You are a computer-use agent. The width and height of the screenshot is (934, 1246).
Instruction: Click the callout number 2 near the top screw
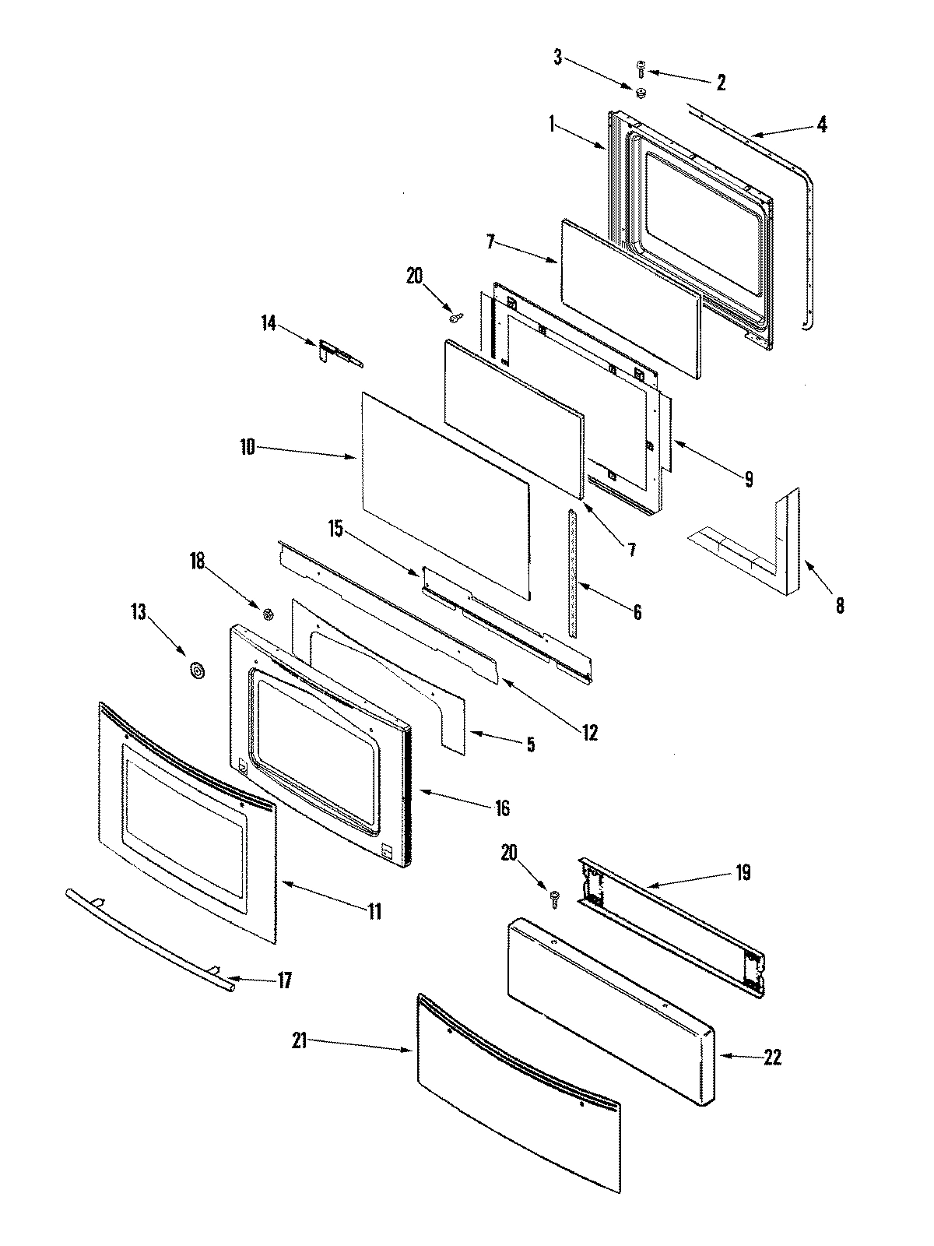click(x=720, y=83)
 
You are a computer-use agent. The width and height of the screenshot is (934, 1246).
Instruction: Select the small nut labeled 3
click(x=641, y=93)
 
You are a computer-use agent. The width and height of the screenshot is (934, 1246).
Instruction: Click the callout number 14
click(x=269, y=322)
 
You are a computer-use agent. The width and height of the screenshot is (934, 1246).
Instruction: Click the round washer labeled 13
click(x=195, y=670)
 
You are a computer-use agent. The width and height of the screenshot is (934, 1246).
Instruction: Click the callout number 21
click(x=300, y=1040)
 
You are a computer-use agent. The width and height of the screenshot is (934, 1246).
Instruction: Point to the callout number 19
click(x=743, y=873)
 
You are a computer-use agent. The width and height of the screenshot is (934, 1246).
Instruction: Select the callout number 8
click(x=839, y=604)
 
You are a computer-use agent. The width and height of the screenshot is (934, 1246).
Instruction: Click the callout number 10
click(x=247, y=449)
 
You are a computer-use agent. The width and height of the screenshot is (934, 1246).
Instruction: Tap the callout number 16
click(x=502, y=808)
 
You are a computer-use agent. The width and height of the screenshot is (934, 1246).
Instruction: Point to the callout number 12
click(x=589, y=732)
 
